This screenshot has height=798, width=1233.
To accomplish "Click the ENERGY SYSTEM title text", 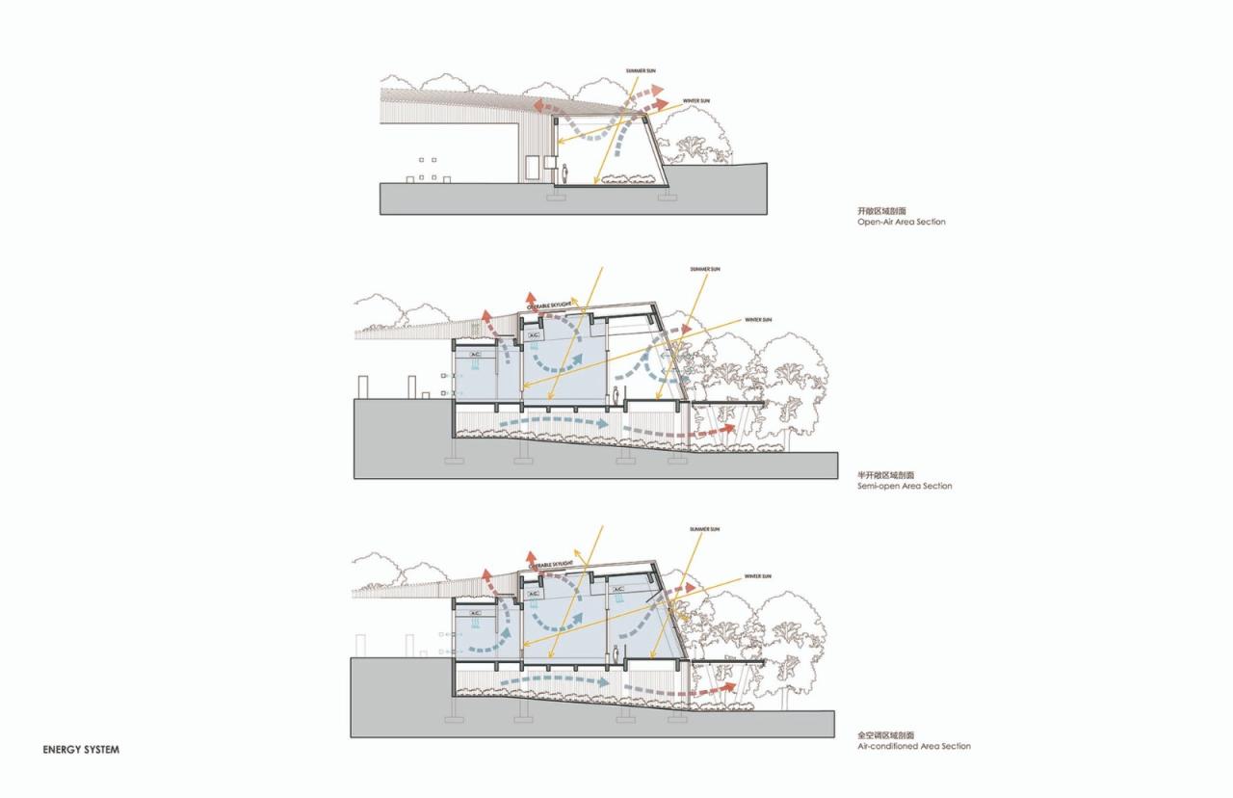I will coord(81,749).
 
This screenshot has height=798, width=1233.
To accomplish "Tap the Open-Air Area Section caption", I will coord(901,223).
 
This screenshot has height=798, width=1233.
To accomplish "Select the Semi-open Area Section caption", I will coord(904,487).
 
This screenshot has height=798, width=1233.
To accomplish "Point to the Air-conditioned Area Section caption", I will coord(913,747).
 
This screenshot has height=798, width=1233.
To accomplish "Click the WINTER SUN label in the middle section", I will coord(758,319).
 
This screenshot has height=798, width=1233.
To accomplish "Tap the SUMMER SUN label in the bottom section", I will coord(705,530).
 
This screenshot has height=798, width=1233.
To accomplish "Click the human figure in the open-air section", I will coord(566,174).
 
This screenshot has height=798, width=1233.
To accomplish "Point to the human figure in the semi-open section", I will coord(616,395).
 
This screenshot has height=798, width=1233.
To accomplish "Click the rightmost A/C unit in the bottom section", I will coord(616,589).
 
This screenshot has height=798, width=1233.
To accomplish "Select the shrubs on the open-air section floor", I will coord(627,178).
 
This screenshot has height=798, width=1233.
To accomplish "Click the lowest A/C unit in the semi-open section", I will coord(473,355).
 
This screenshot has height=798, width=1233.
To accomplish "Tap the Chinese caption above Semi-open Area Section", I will coord(886,475).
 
